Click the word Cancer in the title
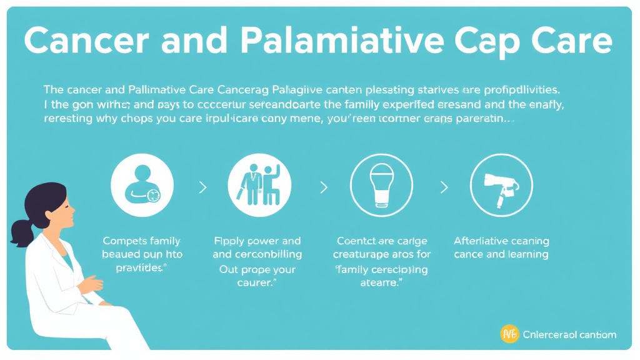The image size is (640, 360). (x=81, y=41)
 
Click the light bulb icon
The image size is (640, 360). (x=381, y=184)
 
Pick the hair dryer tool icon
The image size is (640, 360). (x=501, y=184)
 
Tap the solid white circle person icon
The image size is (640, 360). (x=142, y=184)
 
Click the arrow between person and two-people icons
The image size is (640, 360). (x=201, y=186)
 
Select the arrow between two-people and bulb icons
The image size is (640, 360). (x=323, y=186)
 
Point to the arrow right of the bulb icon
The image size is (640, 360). (x=444, y=186)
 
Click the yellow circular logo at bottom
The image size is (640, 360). (x=509, y=334)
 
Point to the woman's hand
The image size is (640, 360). (x=92, y=285)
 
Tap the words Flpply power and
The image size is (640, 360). (x=257, y=241)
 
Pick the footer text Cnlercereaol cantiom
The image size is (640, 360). (x=569, y=334)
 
